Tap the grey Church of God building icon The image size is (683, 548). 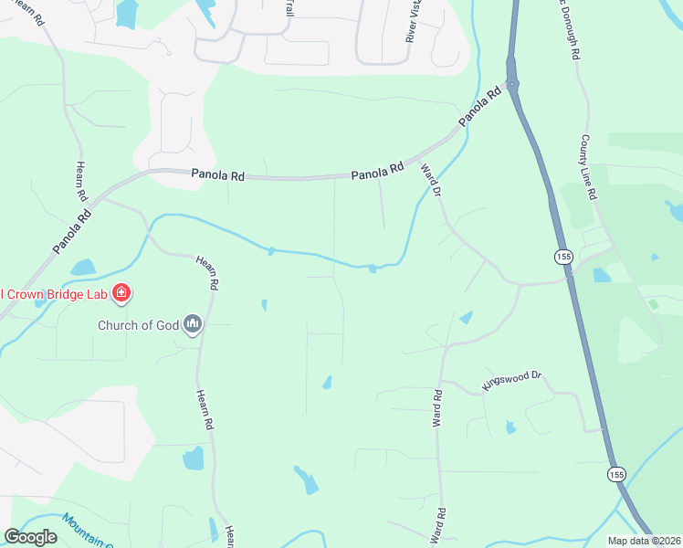pyautogui.click(x=193, y=323)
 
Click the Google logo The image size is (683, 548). pyautogui.click(x=30, y=536)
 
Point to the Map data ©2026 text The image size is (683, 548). pyautogui.click(x=644, y=540)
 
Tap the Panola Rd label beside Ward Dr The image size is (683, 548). pyautogui.click(x=377, y=171)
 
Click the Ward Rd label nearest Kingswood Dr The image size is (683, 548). pyautogui.click(x=437, y=407)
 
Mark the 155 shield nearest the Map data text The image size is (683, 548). pyautogui.click(x=615, y=474)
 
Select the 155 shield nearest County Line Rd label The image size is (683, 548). pyautogui.click(x=563, y=258)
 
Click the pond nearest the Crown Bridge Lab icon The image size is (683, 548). pyautogui.click(x=82, y=268)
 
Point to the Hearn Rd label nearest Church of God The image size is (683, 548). pyautogui.click(x=207, y=273)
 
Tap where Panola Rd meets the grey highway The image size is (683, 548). pyautogui.click(x=514, y=85)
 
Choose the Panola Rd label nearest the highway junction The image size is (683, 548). pyautogui.click(x=480, y=107)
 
